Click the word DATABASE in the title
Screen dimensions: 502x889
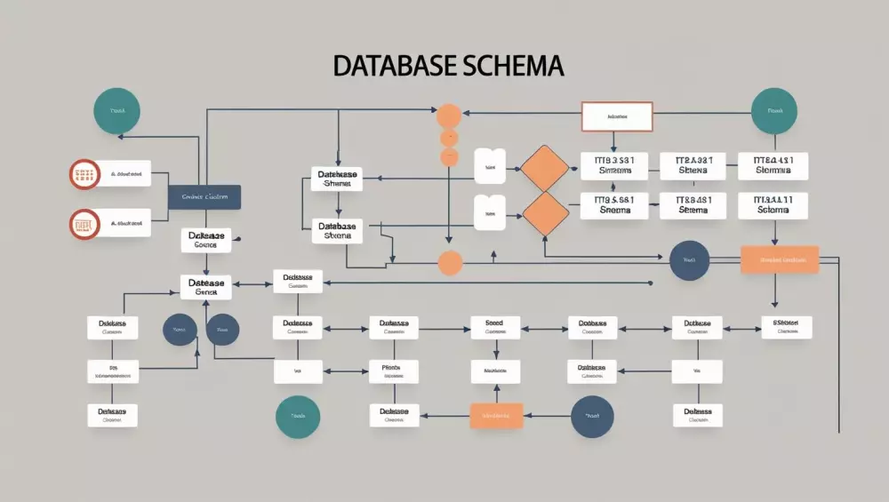pyautogui.click(x=396, y=66)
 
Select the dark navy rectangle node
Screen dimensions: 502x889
pyautogui.click(x=204, y=197)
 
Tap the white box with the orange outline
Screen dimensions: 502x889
pyautogui.click(x=617, y=116)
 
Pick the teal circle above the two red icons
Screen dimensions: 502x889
pyautogui.click(x=116, y=111)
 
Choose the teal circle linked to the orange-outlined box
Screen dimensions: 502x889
pyautogui.click(x=773, y=112)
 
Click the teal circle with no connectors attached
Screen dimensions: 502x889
pyautogui.click(x=298, y=416)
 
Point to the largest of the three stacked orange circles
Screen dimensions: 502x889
pyautogui.click(x=449, y=116)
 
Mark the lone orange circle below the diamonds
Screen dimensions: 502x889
pyautogui.click(x=451, y=262)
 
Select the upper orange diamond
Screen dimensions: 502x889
pyautogui.click(x=544, y=168)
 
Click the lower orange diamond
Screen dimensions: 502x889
pyautogui.click(x=544, y=213)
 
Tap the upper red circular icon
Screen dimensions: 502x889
pyautogui.click(x=83, y=174)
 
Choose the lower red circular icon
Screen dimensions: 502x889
pyautogui.click(x=83, y=224)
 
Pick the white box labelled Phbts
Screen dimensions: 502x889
pyautogui.click(x=391, y=371)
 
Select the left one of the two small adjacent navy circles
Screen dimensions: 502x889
pyautogui.click(x=179, y=330)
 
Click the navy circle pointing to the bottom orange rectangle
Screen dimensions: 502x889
pyautogui.click(x=592, y=416)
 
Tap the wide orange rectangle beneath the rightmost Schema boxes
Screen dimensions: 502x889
pyautogui.click(x=778, y=260)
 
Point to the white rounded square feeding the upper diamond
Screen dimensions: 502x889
pyautogui.click(x=489, y=166)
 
